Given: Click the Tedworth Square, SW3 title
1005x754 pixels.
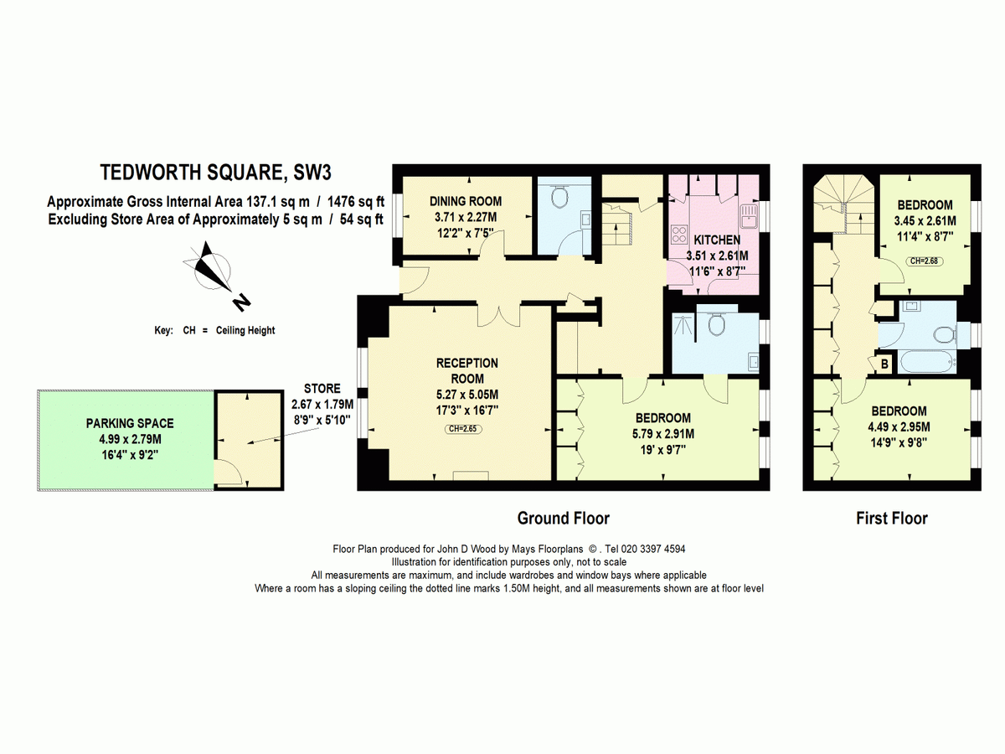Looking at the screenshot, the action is coord(215,173).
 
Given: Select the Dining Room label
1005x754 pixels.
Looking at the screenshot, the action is coord(466,201).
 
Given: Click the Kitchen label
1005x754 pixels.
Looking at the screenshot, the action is coord(717,240).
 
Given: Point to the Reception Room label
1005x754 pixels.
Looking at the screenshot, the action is coord(467,371).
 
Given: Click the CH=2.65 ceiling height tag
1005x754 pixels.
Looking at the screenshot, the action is coord(463,429).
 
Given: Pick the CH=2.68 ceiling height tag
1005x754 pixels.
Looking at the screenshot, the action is coord(925,261).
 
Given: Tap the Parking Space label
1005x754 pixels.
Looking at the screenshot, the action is coord(130,423).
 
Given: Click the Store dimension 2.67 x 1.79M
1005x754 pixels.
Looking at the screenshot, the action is coord(322,405).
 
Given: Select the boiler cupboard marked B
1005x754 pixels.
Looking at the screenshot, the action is coord(884,364).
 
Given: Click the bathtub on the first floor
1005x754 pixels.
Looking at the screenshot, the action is coord(929,363).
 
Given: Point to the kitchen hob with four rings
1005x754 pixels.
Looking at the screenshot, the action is coord(678,234).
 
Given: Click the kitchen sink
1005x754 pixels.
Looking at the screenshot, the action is coord(749,216).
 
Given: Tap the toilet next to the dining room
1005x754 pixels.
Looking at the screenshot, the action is coord(559,197).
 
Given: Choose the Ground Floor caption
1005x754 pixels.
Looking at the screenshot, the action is coord(563,519).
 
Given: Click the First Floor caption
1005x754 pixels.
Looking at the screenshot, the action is coord(891,519).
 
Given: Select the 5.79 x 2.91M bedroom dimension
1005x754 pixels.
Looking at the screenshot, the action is coord(663,433).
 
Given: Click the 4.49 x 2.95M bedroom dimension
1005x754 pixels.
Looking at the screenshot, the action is coord(899,427).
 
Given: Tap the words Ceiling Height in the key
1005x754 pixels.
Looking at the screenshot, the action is coord(245,331).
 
